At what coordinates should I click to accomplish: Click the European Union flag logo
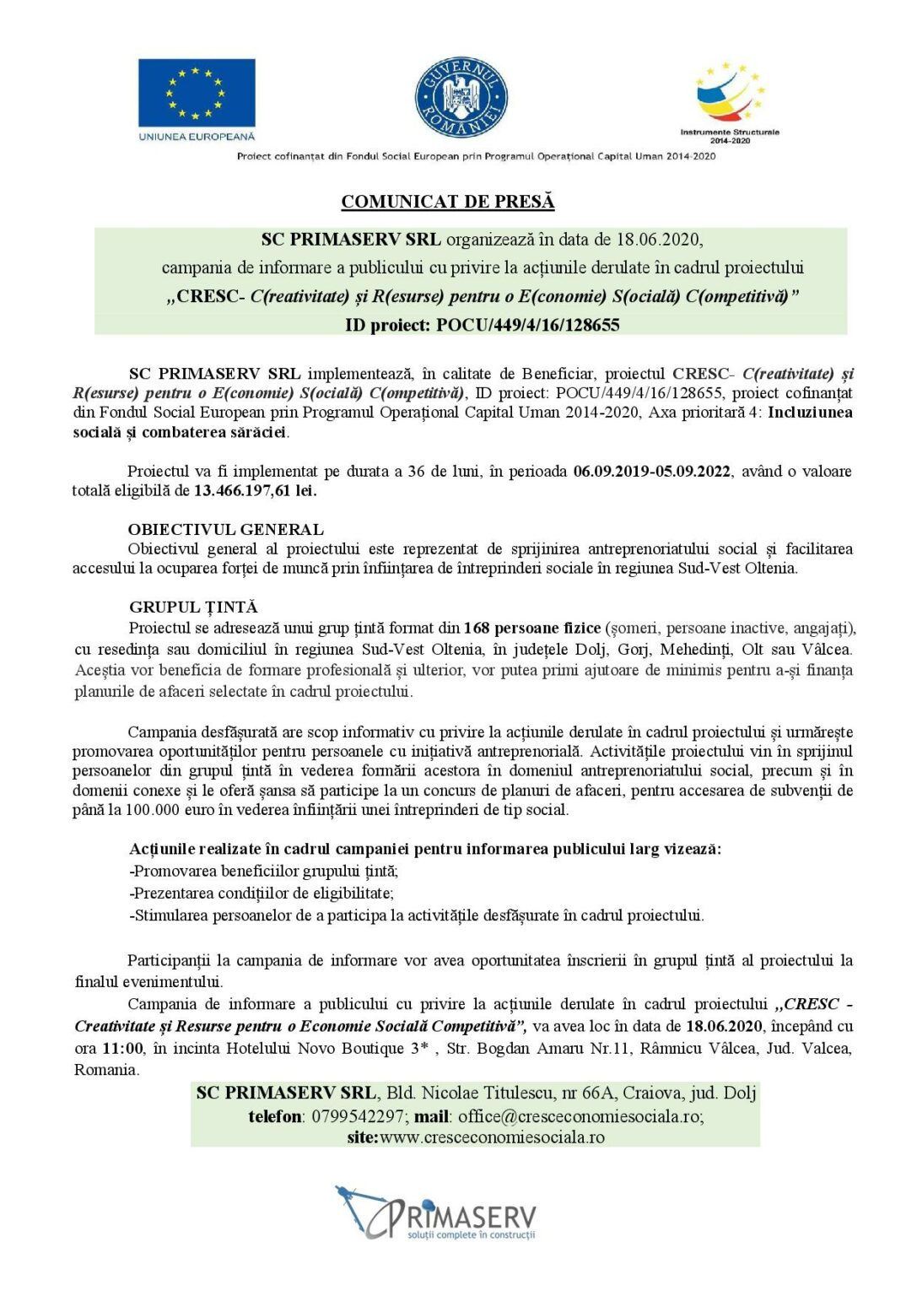[197, 92]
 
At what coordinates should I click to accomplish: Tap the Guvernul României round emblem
[461, 100]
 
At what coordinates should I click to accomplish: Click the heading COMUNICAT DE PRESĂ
[448, 202]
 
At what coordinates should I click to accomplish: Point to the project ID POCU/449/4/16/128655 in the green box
[527, 325]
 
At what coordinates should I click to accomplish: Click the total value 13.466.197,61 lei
[255, 490]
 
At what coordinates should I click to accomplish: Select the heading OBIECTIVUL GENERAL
[226, 529]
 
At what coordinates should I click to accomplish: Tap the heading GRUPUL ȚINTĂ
[193, 607]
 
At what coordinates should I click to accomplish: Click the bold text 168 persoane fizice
[531, 628]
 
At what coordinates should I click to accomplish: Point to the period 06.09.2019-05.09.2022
[651, 471]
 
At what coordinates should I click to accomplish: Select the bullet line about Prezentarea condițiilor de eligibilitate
[262, 893]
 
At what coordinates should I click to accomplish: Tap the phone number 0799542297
[357, 1116]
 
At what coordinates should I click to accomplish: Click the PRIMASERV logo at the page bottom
[436, 1213]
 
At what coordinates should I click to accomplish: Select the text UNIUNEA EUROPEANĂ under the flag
[197, 136]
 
